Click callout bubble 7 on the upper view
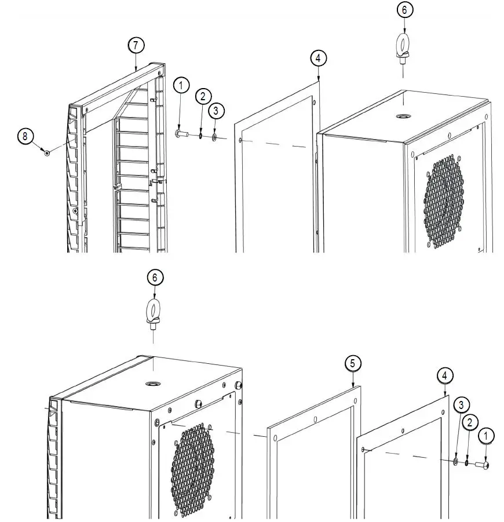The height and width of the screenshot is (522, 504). (136, 46)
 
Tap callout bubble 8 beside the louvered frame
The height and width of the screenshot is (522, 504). (25, 136)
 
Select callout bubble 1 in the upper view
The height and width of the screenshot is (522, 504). (182, 86)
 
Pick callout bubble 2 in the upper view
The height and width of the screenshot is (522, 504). (203, 96)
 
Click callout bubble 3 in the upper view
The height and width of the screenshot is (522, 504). (216, 109)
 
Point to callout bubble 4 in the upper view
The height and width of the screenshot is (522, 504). (318, 58)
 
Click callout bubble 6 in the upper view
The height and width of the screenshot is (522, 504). (404, 10)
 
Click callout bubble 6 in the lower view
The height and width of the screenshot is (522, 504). (154, 278)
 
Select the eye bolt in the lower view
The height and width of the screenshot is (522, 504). (153, 313)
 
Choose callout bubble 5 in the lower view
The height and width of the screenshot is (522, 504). (354, 363)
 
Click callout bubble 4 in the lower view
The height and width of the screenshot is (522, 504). (444, 376)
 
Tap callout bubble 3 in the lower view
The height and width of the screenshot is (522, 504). (461, 403)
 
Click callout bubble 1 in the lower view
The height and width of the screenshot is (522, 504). (485, 435)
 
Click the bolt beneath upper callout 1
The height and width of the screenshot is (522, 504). (182, 134)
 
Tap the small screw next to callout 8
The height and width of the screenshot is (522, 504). (46, 152)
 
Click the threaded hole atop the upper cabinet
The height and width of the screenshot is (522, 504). (401, 116)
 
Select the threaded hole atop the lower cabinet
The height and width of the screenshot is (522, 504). (154, 384)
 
